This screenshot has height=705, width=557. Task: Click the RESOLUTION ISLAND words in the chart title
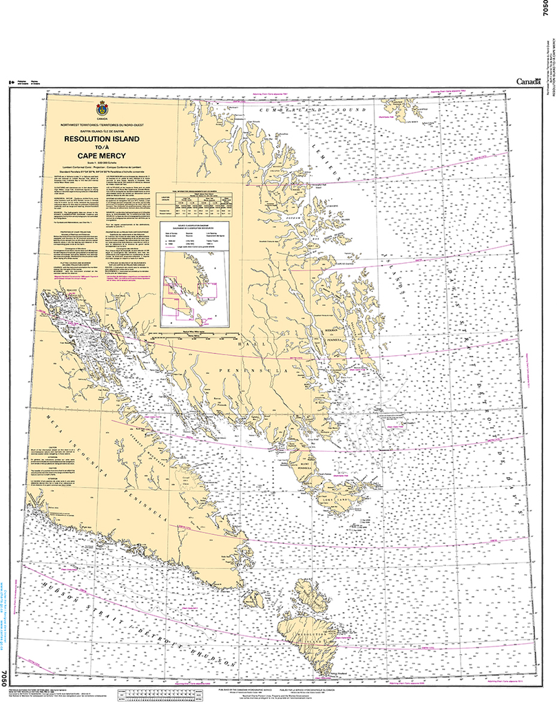(x=102, y=139)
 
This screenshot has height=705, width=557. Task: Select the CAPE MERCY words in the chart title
(x=102, y=156)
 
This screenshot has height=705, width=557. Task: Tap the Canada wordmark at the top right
(x=529, y=82)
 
